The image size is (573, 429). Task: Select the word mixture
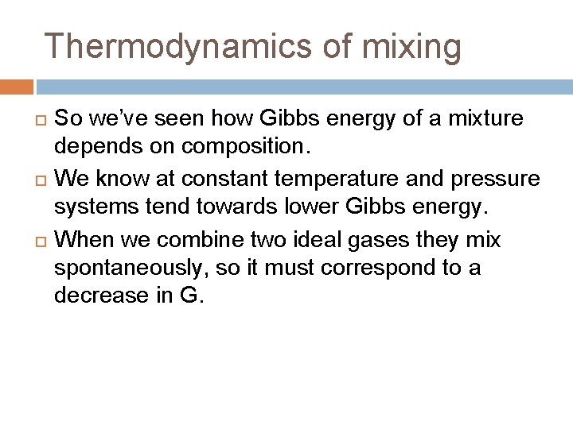pyautogui.click(x=482, y=119)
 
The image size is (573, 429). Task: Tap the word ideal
pyautogui.click(x=327, y=239)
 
